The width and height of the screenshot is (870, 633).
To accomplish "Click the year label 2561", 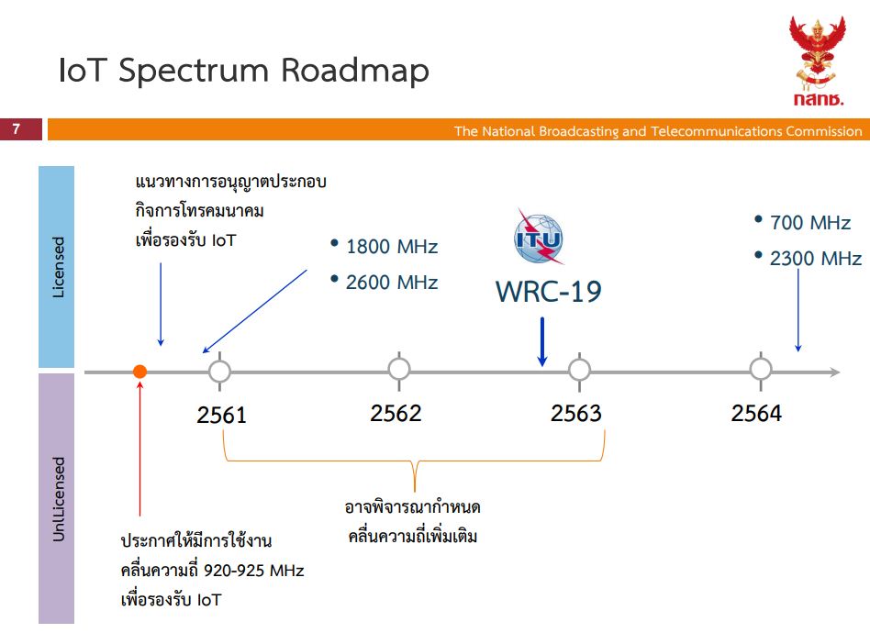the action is point(221,415).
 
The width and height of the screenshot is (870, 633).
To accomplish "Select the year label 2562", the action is point(396,414).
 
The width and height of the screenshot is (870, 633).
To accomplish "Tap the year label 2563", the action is point(576,414).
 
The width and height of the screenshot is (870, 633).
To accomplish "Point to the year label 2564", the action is point(756,414).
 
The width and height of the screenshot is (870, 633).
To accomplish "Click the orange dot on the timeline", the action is point(139,372).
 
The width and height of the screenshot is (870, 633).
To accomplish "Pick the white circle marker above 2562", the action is point(399,369).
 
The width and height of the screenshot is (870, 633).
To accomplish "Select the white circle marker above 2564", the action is point(761,369).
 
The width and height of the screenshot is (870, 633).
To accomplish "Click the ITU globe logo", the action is point(538,238).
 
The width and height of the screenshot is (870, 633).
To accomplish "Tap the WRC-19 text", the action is point(548,291).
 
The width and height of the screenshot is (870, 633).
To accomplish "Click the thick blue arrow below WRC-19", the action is point(542,342).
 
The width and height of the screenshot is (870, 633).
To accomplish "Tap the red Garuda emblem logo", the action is point(818,61).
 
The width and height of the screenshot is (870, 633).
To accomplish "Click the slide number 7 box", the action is point(20,129).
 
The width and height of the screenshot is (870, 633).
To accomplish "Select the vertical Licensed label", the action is point(58,267).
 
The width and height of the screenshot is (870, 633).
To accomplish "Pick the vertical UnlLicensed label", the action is point(58,499).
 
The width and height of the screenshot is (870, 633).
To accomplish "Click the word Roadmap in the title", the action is point(354,72).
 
